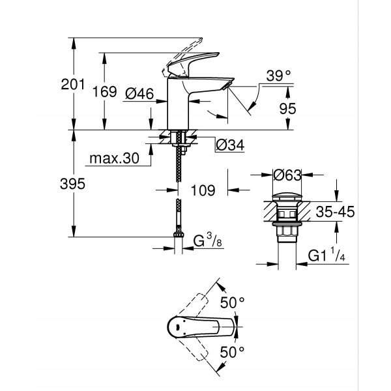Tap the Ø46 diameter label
(x=138, y=94)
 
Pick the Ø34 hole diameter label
(x=229, y=145)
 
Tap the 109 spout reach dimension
(x=203, y=191)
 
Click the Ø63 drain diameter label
(x=287, y=175)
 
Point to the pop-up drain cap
(x=286, y=196)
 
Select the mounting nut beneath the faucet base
(x=179, y=138)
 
